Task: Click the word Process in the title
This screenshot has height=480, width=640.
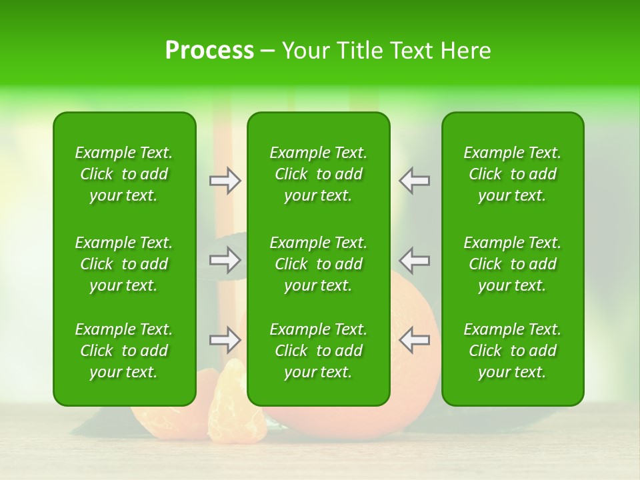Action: click(209, 51)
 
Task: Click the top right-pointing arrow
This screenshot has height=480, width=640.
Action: click(225, 181)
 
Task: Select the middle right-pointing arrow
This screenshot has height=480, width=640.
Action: click(225, 260)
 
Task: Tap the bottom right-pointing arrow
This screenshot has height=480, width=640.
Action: click(225, 340)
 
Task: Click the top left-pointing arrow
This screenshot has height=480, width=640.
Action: click(414, 181)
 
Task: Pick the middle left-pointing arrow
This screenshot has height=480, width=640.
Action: click(414, 260)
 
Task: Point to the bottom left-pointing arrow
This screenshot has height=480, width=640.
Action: click(414, 340)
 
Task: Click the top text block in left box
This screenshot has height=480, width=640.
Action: click(124, 174)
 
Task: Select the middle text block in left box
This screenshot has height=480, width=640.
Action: click(124, 264)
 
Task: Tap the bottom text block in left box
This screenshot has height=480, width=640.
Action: click(124, 351)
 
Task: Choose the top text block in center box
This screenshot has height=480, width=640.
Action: click(318, 174)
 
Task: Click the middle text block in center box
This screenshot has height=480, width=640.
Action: click(318, 264)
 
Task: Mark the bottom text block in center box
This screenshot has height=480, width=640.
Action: click(318, 351)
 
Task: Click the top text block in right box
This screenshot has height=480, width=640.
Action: click(512, 174)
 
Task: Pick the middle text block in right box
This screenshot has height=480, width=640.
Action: click(512, 264)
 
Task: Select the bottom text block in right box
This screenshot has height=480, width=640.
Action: click(512, 351)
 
